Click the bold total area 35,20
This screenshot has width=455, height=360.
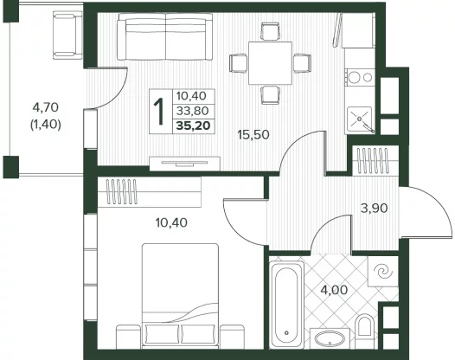(193, 126)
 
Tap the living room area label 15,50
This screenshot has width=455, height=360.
(253, 135)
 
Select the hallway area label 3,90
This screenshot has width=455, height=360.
(374, 209)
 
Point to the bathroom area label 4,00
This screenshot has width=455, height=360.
(334, 290)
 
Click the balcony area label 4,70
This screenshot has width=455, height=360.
(46, 107)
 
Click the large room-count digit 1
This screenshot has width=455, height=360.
(158, 112)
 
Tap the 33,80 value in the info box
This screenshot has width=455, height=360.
(193, 111)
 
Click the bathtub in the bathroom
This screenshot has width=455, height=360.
(286, 305)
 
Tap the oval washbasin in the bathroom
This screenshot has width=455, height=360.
(330, 339)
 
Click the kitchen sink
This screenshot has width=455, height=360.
(360, 119)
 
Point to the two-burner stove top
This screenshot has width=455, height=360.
(360, 77)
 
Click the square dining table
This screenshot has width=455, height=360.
(270, 63)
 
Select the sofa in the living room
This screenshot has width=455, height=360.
(165, 37)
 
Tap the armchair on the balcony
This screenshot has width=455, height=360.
(67, 35)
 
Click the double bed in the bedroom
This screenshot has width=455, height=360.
(180, 295)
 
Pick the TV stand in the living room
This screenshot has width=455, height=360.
(185, 164)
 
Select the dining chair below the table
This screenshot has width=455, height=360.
(270, 94)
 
